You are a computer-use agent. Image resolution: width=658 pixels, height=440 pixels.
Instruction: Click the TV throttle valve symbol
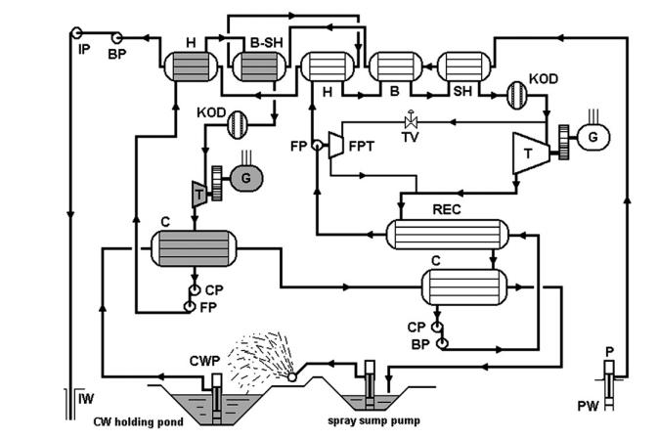(411, 121)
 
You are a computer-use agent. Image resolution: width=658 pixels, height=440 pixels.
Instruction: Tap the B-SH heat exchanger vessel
(257, 69)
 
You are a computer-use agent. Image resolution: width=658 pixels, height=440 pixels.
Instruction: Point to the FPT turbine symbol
(334, 146)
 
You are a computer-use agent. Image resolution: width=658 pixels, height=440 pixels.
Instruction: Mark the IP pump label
(85, 48)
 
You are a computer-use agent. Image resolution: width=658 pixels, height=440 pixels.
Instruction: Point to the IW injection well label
(86, 397)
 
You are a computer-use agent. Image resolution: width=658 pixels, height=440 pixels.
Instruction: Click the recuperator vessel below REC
(449, 235)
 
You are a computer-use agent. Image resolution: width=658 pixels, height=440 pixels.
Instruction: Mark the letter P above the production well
(608, 351)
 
